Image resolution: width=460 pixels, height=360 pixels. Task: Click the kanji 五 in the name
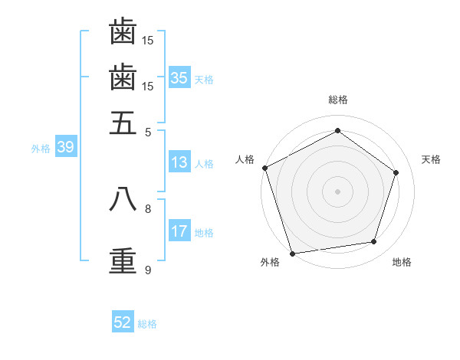pos(123,123)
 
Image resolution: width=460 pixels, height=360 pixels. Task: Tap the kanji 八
pos(123,198)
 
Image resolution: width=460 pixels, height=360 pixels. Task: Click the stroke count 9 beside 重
pos(148,270)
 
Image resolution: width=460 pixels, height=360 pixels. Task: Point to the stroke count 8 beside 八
pos(148,208)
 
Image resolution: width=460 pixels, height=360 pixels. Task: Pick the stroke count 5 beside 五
pos(148,132)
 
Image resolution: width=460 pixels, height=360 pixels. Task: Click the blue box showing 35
pos(179,77)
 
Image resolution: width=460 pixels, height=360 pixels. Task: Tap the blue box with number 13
pos(179,162)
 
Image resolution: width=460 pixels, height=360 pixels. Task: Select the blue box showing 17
pos(179,231)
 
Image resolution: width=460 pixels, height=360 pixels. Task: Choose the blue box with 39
pos(65,148)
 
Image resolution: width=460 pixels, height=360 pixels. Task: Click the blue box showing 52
pos(123,322)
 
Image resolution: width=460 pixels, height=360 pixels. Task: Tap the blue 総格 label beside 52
pos(147,324)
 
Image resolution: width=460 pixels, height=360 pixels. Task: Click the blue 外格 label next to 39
pos(41,149)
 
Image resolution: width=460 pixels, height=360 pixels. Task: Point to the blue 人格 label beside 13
pos(204,163)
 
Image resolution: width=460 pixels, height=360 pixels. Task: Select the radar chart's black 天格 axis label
pos(431,159)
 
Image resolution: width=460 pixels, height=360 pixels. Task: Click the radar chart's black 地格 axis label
pos(402,262)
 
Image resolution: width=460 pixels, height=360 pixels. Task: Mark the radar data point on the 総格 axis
pos(337,131)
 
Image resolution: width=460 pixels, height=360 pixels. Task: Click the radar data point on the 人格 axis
pos(264,168)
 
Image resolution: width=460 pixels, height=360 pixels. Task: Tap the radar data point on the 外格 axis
pos(292,253)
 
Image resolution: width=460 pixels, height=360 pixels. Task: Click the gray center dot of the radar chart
pos(337,191)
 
